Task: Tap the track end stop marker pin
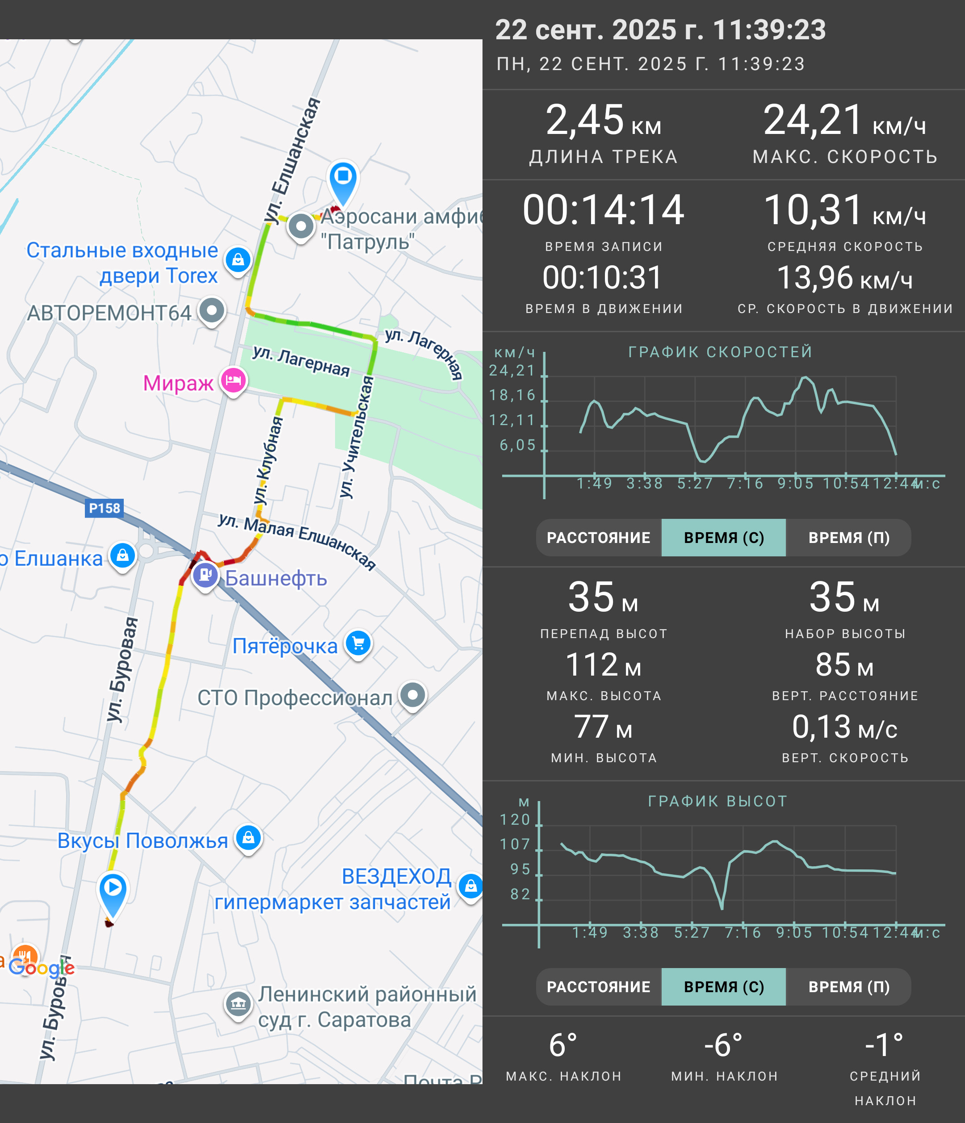pyautogui.click(x=343, y=182)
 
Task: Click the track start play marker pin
pyautogui.click(x=113, y=893)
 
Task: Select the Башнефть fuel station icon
pyautogui.click(x=206, y=576)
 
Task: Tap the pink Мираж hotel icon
pyautogui.click(x=234, y=381)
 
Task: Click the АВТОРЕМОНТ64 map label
pyautogui.click(x=109, y=313)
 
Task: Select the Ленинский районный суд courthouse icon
pyautogui.click(x=238, y=1004)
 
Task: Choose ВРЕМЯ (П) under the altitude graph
pyautogui.click(x=849, y=986)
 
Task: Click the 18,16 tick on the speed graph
pyautogui.click(x=512, y=395)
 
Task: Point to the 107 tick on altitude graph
pyautogui.click(x=515, y=844)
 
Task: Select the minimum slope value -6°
pyautogui.click(x=723, y=1044)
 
